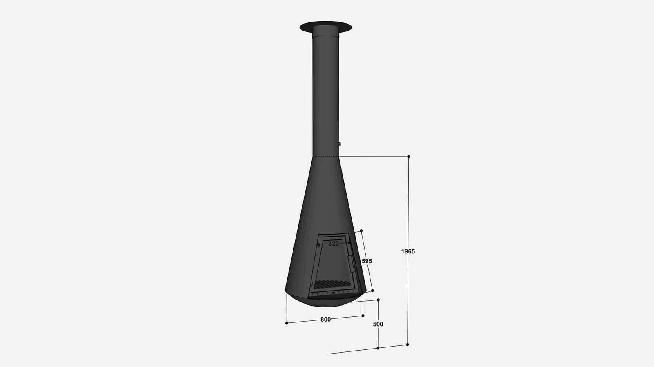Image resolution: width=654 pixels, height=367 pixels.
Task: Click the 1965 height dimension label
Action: tap(408, 251)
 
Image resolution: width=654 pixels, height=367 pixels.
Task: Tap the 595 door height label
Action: tap(367, 261)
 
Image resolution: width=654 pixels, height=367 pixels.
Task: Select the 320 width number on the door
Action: tap(334, 244)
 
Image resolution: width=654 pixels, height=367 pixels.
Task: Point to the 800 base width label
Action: tap(325, 320)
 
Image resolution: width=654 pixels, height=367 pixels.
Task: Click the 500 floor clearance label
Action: tap(378, 324)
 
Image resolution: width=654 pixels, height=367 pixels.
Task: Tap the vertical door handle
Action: tap(351, 264)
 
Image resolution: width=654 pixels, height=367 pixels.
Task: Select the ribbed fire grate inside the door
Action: tap(332, 284)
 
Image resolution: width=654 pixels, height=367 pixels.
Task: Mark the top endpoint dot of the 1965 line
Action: tap(408, 157)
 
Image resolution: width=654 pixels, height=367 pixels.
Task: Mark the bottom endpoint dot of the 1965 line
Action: tap(407, 345)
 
